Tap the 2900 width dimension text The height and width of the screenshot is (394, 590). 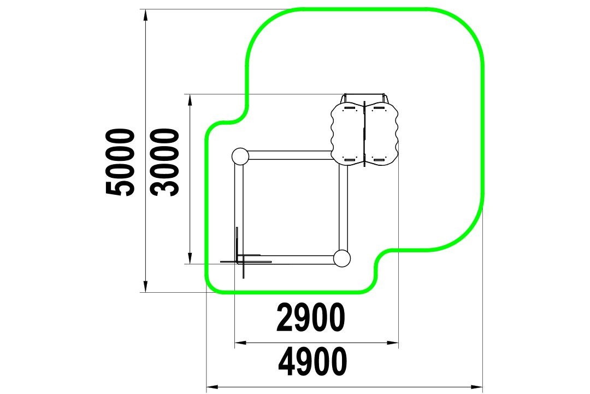[x=310, y=317]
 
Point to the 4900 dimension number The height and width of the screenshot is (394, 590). [x=312, y=362]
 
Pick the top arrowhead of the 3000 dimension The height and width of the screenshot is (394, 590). [x=190, y=100]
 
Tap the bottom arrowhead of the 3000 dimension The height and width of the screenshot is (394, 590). [x=190, y=258]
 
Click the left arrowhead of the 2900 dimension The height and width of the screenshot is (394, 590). [x=241, y=343]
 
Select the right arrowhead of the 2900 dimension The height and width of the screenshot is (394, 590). [x=392, y=343]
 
